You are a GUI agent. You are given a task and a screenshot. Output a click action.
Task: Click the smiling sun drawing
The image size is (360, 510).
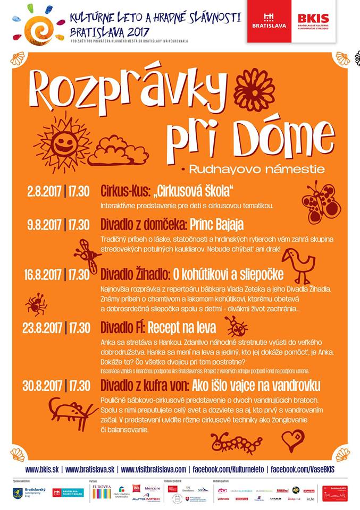coord(63,142)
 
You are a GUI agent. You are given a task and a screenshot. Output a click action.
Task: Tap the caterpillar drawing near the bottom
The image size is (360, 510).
coord(236,441)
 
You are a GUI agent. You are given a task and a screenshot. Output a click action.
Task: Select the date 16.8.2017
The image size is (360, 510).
coord(43,275)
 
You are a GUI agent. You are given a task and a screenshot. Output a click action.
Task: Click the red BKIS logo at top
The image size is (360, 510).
coord(313,21)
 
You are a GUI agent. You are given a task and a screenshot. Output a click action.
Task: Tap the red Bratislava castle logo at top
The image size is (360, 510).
coord(269,21)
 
